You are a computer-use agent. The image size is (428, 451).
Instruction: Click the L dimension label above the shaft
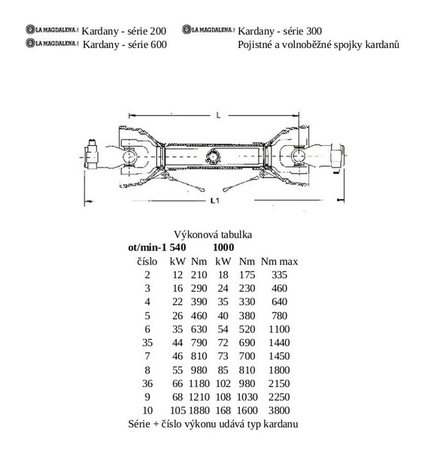pos(218,115)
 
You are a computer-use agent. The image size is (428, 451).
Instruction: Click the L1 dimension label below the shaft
pos(214,201)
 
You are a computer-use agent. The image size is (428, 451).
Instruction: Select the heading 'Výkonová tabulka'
pos(213,235)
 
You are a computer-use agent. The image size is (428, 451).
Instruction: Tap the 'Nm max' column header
pos(279,262)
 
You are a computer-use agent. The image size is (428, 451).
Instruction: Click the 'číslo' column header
pos(147,262)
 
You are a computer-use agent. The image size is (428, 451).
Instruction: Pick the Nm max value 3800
pos(279,410)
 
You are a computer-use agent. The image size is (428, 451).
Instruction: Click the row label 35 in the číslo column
pos(147,343)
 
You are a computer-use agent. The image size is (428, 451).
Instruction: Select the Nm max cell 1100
pos(279,329)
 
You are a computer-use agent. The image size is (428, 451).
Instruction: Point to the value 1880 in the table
pos(199,410)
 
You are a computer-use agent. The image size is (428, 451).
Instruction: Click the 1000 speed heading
pos(223,247)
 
